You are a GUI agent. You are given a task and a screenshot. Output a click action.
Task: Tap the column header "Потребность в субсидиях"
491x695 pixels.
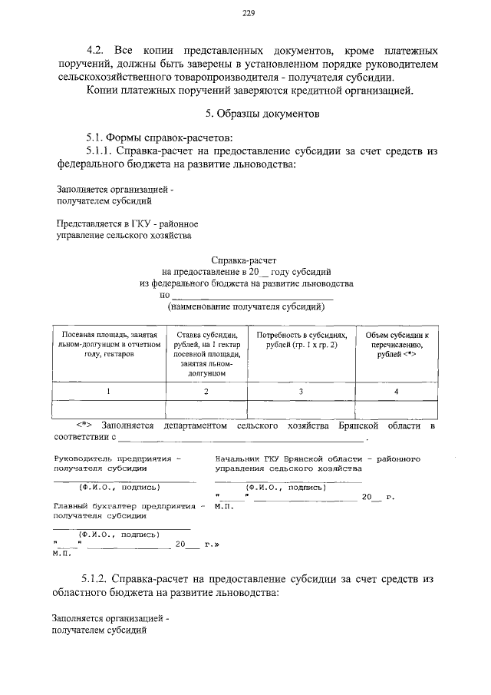tap(302, 341)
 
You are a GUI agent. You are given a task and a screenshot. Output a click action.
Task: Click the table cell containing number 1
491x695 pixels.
tap(108, 392)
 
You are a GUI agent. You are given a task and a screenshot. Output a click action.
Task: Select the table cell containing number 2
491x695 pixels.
tap(206, 392)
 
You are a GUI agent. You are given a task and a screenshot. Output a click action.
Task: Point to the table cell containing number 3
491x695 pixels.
tap(302, 392)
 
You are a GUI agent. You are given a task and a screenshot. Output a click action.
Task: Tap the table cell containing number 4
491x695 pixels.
tap(397, 392)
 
